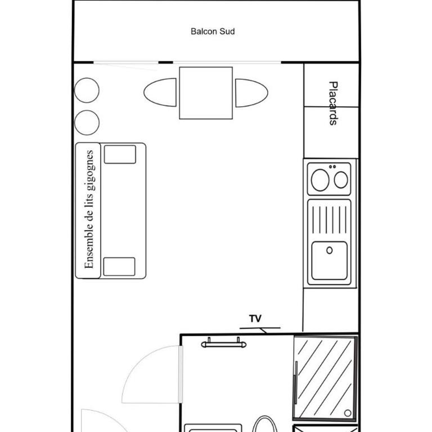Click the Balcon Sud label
213,31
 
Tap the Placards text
334,103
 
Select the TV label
255,318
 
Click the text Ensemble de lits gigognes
89,209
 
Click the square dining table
206,93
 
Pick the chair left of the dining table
160,92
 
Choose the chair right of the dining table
251,93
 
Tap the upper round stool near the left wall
87,91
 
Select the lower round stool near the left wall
87,123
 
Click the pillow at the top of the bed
120,154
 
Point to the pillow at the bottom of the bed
119,267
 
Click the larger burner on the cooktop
320,180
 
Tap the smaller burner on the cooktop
341,180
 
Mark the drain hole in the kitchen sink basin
329,250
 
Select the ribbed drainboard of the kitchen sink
329,219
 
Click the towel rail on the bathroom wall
224,343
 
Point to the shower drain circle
348,413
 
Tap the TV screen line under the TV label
260,328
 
